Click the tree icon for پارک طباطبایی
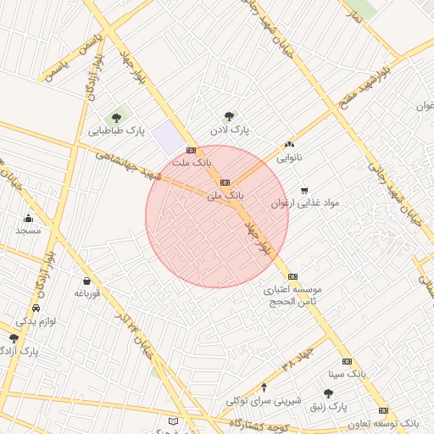tap(116, 118)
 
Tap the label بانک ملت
tap(192, 161)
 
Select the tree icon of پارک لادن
tap(229, 117)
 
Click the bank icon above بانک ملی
tap(225, 182)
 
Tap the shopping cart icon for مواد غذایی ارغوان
tap(304, 191)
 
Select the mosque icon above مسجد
tap(29, 218)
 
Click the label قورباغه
tap(87, 293)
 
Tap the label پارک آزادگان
tap(19, 350)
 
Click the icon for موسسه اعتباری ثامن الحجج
tap(292, 276)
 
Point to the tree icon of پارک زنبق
tap(328, 393)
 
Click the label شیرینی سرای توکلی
tap(260, 400)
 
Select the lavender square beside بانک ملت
tap(169, 137)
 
